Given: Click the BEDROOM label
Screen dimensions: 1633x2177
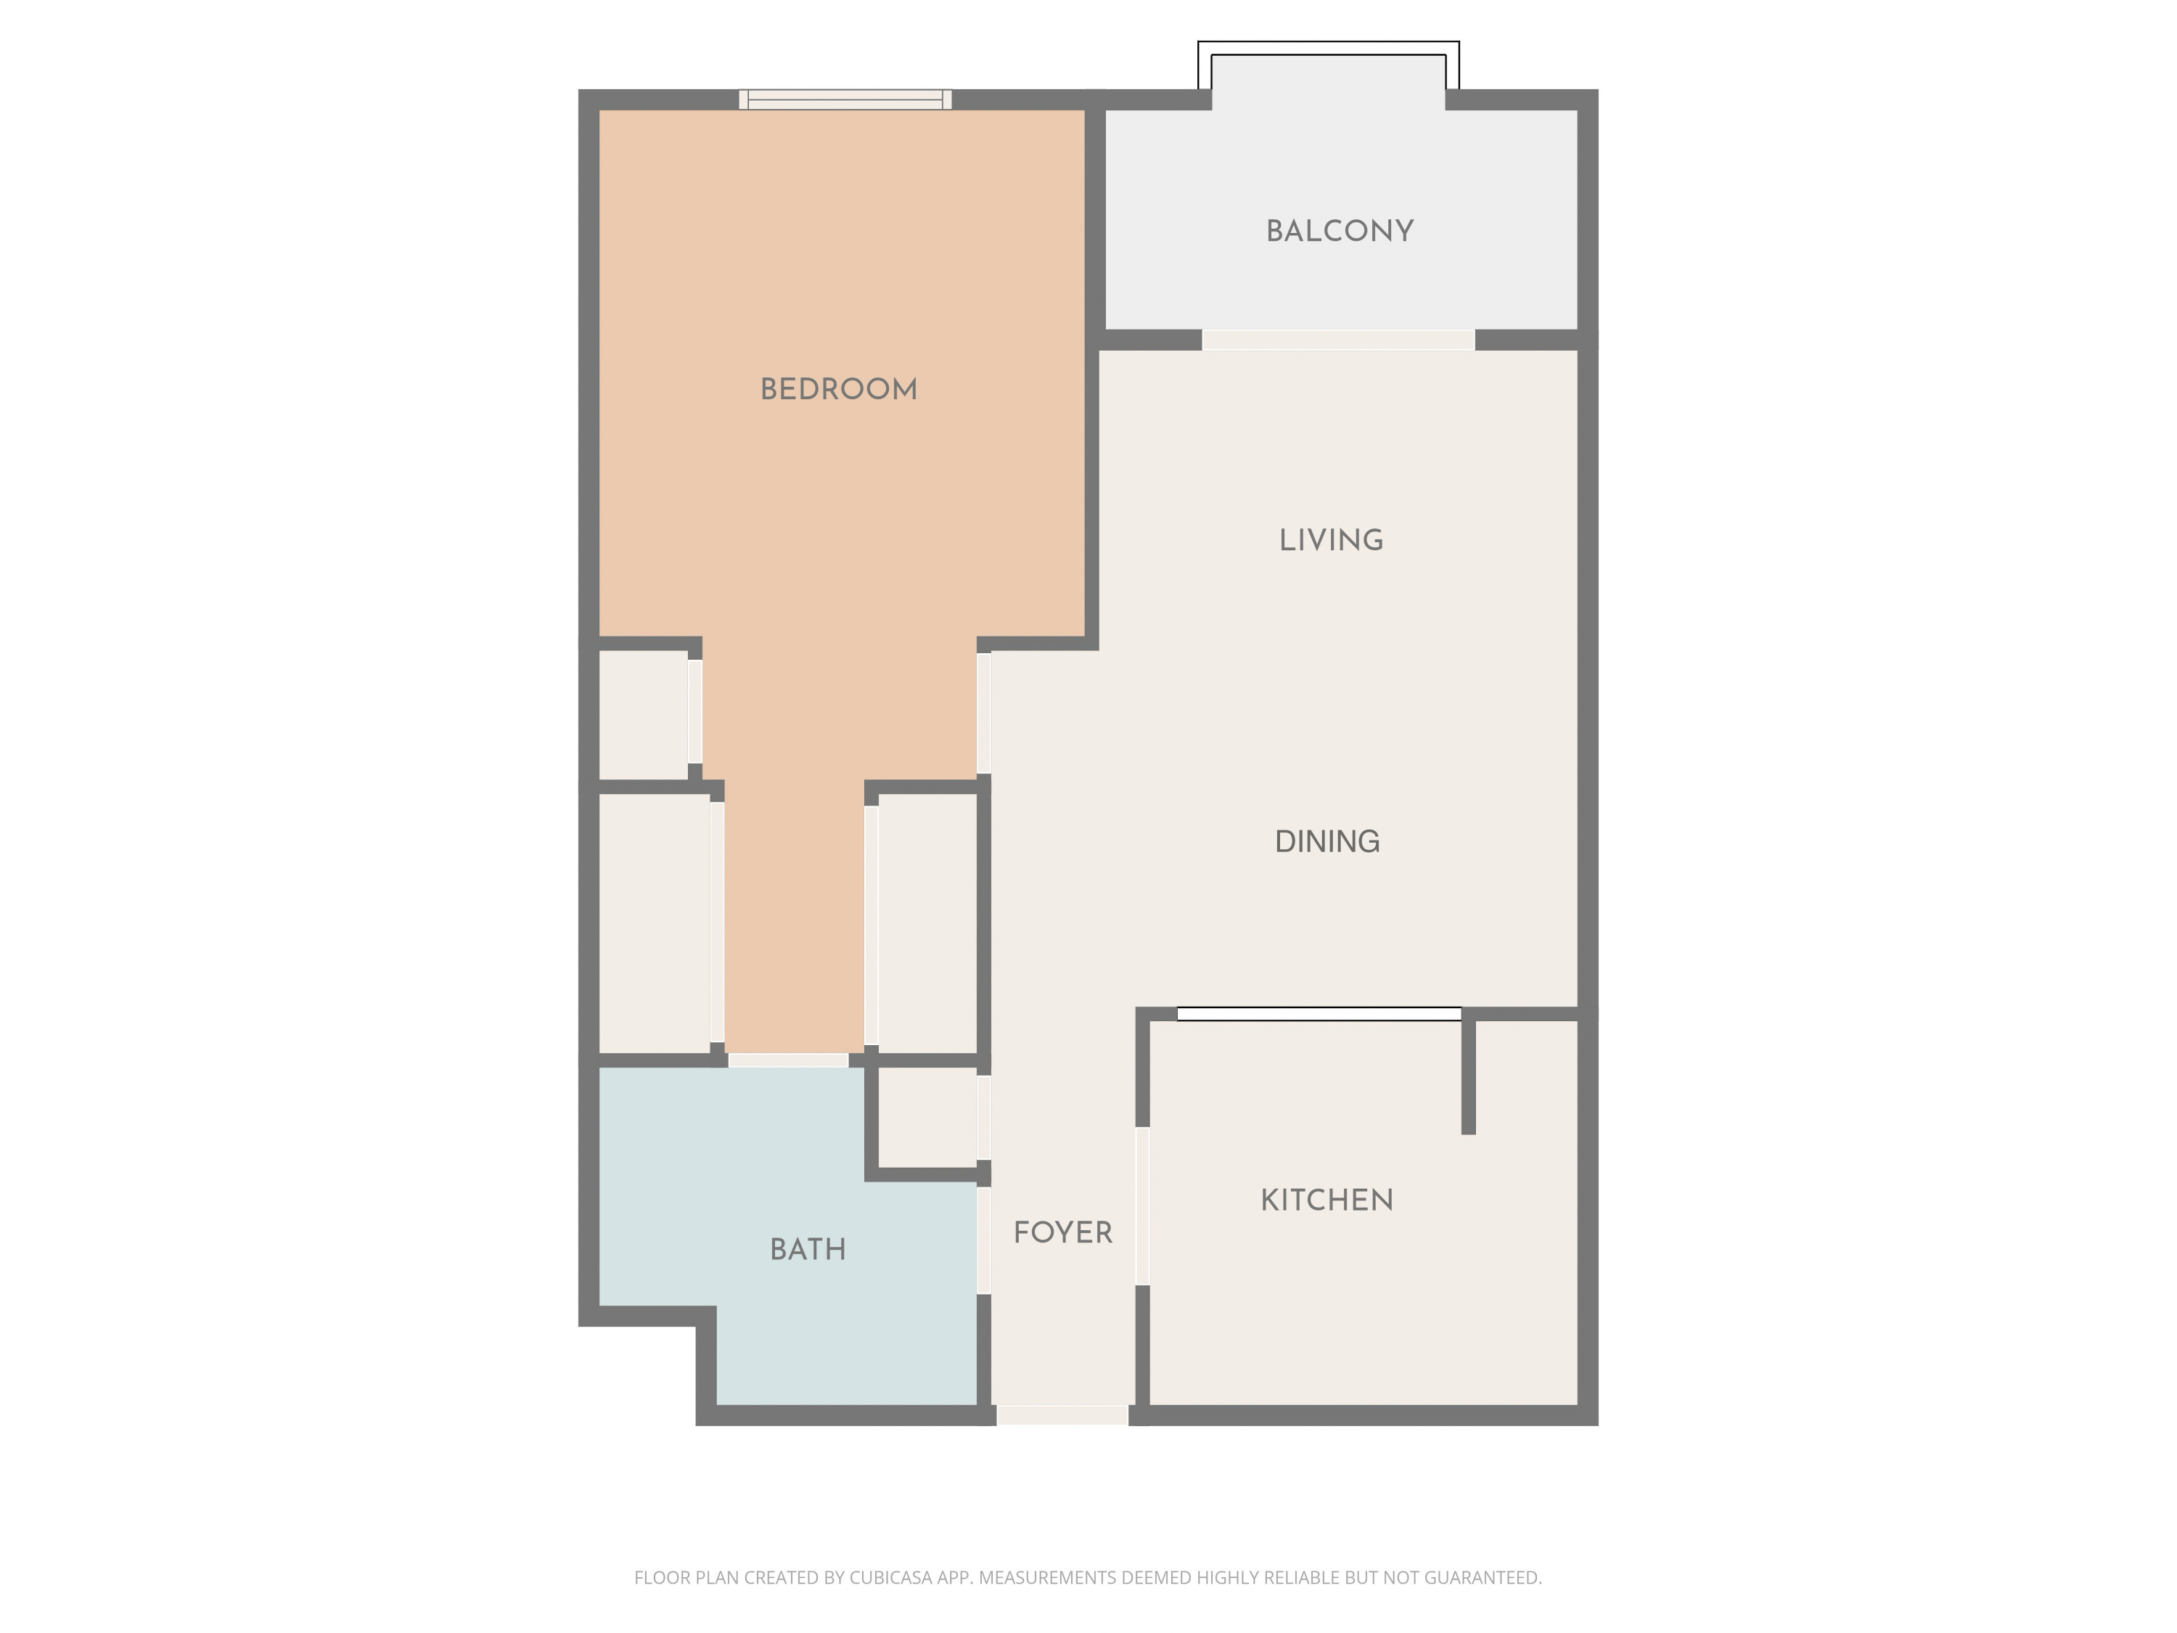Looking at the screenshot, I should coord(839,390).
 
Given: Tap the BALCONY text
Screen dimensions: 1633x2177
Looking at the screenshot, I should coord(1340,232).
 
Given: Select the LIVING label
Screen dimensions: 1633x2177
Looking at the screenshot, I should coord(1331,541).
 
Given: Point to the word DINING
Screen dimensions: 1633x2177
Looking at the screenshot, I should coord(1327,842).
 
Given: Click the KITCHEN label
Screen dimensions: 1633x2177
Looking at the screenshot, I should coord(1327,1200).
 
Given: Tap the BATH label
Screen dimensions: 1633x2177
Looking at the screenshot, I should coord(808,1250).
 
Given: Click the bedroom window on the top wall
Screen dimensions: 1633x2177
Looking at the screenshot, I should coord(845,99).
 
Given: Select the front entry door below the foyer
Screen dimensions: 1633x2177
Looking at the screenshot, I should coord(1062,1415).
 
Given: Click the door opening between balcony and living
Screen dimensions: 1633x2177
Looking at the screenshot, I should coord(1337,340).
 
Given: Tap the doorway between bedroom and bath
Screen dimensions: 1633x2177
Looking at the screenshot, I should coord(787,1060).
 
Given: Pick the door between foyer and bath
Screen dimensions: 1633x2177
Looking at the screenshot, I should coord(983,1240).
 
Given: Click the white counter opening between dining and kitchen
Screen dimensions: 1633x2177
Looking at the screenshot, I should coord(1319,1014).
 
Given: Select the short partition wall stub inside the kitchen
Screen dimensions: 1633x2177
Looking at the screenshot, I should coord(1467,1075).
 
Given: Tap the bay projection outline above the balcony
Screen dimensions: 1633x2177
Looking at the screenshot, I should coord(1328,46).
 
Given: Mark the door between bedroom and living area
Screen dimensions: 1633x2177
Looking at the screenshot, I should coord(983,713).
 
